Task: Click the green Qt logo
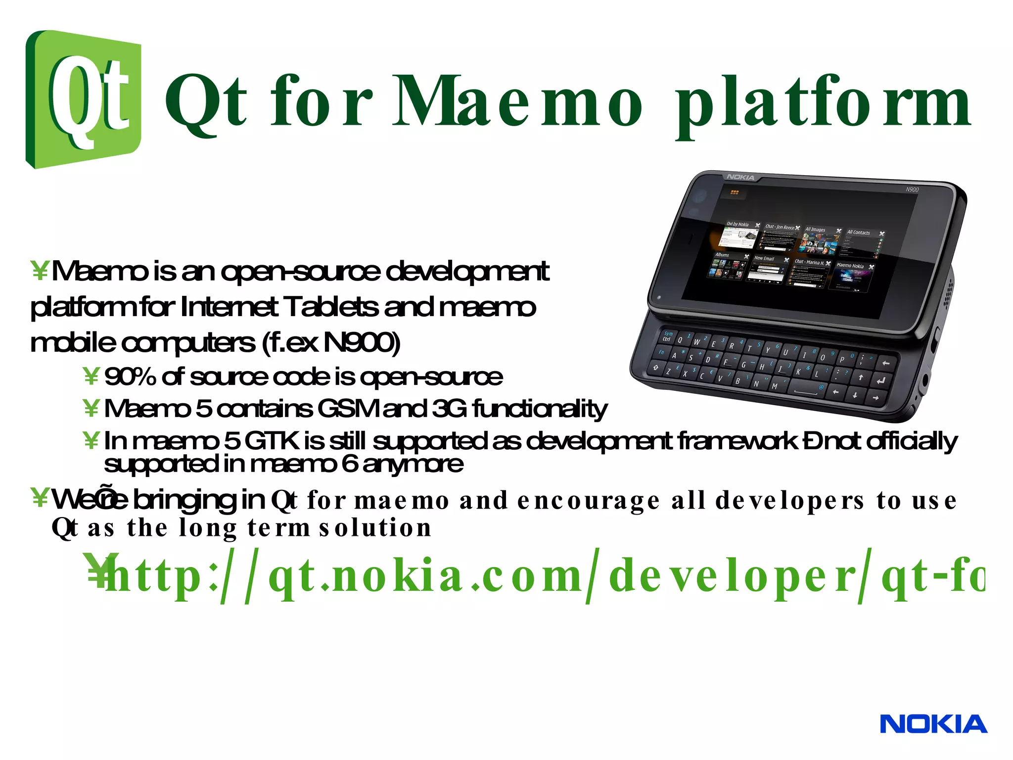83,99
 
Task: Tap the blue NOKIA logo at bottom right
933,724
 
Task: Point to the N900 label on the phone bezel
912,190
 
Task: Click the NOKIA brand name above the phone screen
740,177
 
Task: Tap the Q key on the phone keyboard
680,340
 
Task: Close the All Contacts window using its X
882,234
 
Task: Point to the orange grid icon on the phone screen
735,192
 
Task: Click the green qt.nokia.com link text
544,575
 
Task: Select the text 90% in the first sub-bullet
130,377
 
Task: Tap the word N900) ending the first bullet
361,342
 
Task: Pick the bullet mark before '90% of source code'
91,377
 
